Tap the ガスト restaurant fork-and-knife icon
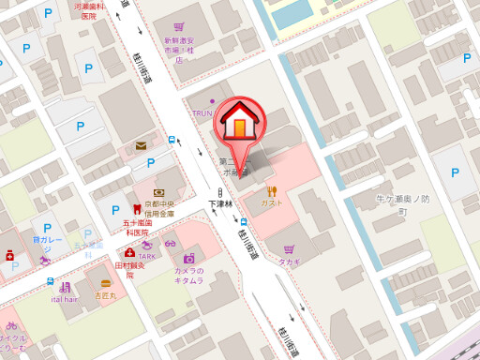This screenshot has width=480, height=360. tap(273, 190)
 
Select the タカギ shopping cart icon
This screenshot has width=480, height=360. tap(288, 249)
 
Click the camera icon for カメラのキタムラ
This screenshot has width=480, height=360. tap(188, 258)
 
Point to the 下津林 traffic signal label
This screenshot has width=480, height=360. tap(218, 202)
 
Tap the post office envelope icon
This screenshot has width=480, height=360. tap(141, 145)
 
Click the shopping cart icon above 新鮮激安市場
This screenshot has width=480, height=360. tap(177, 30)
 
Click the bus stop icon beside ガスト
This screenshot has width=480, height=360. tap(243, 222)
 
